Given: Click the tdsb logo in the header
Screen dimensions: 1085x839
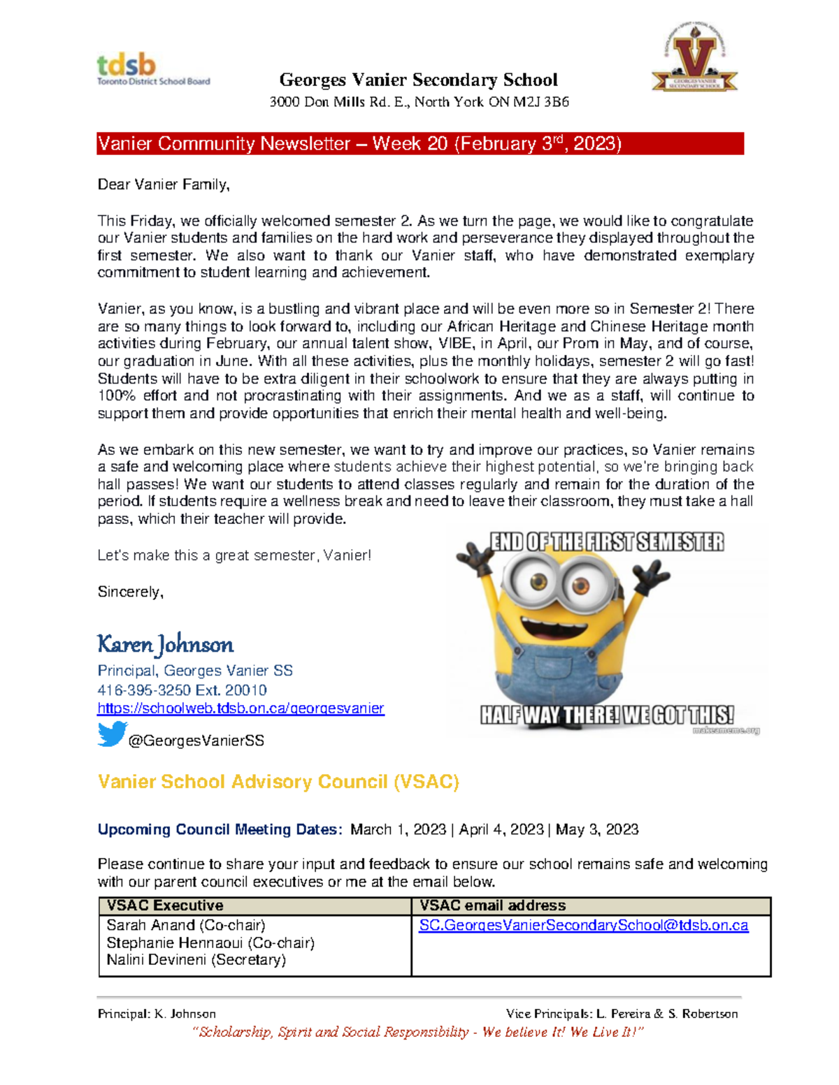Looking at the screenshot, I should click(152, 71).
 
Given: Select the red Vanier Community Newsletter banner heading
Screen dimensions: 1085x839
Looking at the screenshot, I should click(419, 144).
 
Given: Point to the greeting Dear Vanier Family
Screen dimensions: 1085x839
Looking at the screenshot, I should click(164, 184).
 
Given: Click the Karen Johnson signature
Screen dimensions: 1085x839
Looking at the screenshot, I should click(165, 644).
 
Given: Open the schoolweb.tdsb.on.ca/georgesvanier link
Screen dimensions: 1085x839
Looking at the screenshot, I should click(241, 708).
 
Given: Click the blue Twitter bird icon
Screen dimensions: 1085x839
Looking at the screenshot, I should click(111, 734).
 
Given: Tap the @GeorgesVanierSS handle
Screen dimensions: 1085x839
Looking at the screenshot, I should click(196, 741).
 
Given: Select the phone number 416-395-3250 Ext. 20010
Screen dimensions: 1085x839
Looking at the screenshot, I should click(182, 690).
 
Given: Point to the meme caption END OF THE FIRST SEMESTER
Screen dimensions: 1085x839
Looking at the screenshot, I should click(606, 542).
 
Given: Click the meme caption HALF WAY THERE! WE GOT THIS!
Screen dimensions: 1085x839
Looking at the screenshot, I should click(606, 715).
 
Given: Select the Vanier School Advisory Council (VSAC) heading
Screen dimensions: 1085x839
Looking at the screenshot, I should click(278, 782).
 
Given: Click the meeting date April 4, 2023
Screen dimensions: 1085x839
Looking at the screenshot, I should click(501, 829).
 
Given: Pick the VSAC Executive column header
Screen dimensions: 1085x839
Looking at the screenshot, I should click(165, 905).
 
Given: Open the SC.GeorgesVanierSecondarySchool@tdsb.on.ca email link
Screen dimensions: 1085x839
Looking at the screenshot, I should click(583, 925).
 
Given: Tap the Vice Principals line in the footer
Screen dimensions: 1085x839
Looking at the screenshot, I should click(622, 1014).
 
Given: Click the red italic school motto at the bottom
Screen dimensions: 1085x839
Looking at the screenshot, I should click(417, 1032).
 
